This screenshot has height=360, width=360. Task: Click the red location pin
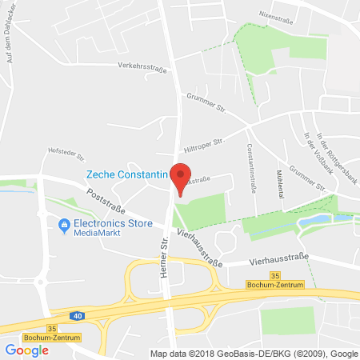tap(183, 178)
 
